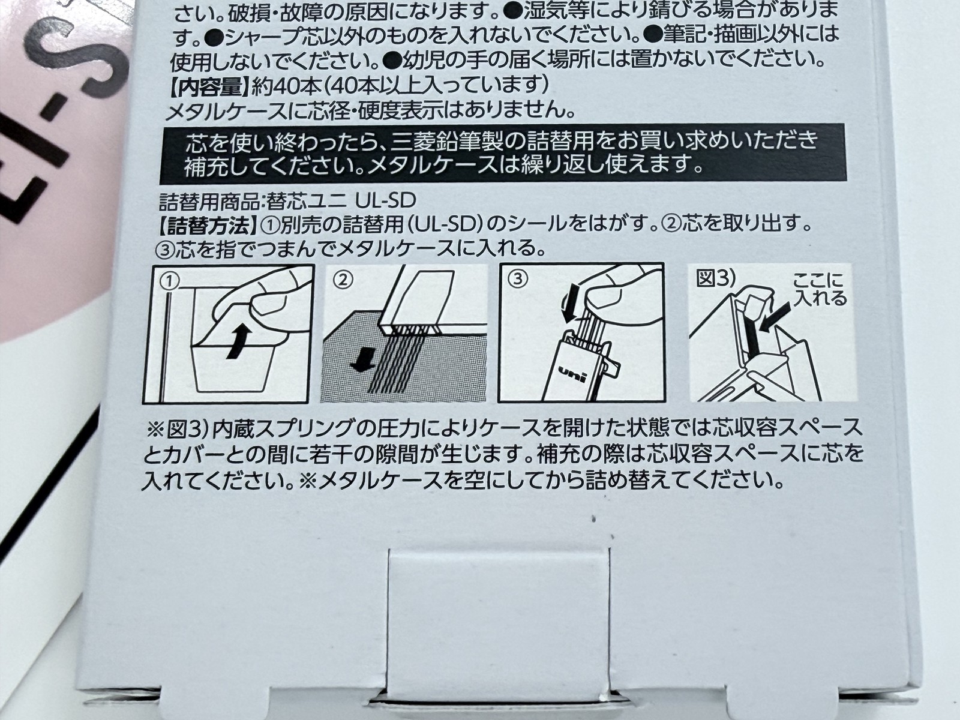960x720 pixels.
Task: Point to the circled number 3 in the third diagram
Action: (518, 279)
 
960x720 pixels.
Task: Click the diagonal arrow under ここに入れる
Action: (775, 317)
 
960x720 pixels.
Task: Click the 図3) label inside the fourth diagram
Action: (716, 279)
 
